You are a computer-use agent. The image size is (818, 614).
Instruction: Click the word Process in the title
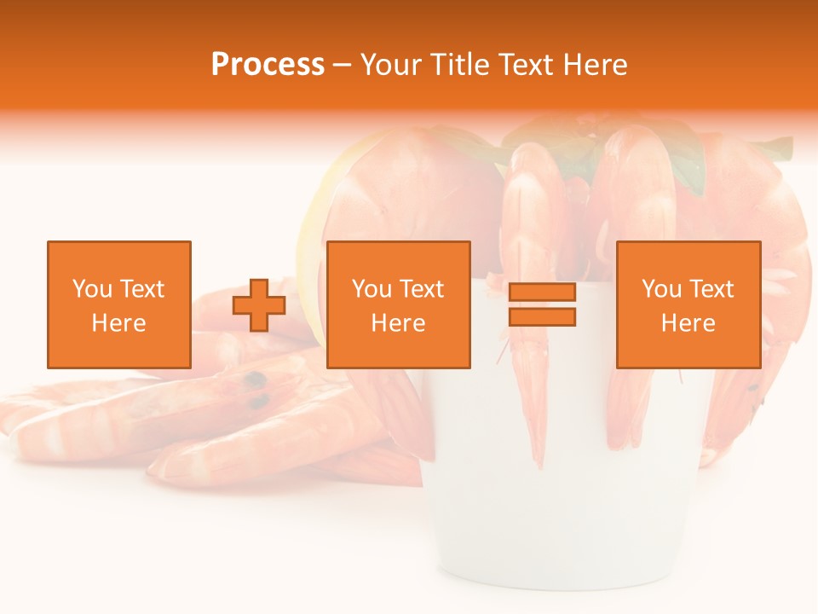coord(268,65)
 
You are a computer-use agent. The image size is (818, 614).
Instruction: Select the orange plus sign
coord(259,305)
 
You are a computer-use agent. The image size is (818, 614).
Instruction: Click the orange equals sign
coord(542,304)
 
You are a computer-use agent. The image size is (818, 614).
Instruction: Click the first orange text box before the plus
coord(119,304)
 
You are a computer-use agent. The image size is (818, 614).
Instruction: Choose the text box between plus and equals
coord(398,304)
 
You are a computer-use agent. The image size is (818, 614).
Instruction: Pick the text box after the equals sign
coord(688,304)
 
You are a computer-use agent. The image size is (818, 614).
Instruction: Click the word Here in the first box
coord(119,323)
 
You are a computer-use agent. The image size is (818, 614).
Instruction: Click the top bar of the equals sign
coord(542,293)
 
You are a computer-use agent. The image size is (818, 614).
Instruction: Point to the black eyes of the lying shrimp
coord(255,389)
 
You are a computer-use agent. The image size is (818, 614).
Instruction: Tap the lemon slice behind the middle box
coord(312,256)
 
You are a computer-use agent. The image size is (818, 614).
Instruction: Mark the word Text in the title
coord(523,65)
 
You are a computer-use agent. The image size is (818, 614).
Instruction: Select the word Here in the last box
coord(688,323)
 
